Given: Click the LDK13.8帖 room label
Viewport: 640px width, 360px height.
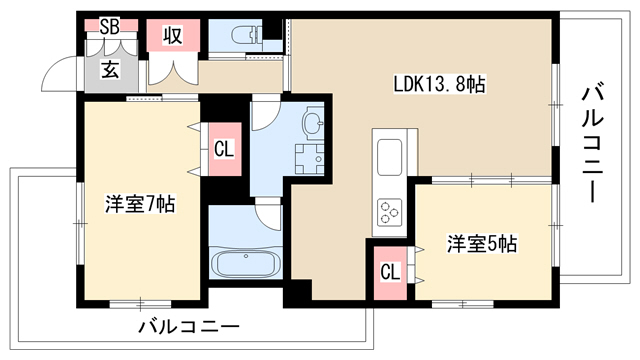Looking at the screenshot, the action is click(439, 84).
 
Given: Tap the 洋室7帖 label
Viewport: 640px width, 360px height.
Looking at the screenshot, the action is click(140, 204).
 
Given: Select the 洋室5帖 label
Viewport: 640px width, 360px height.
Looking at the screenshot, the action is click(482, 244).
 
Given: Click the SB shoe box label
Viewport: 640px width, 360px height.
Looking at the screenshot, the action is click(110, 27).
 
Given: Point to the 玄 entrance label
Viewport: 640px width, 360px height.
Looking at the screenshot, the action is click(110, 69).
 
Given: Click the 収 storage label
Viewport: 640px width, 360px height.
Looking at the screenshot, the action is click(173, 36).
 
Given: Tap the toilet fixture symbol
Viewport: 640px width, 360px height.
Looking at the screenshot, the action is click(244, 35).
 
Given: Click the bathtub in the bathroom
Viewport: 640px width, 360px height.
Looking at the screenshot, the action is click(246, 264).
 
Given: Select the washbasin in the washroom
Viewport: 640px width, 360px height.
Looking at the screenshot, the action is click(312, 122).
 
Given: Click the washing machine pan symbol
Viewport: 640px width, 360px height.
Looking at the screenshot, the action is click(309, 159).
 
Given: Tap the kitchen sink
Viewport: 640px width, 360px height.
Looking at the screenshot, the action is click(389, 157).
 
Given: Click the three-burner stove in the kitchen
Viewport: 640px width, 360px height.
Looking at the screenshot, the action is click(389, 213).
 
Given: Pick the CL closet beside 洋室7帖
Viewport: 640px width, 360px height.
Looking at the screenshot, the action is click(224, 149).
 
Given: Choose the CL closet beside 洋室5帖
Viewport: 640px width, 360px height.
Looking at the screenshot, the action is click(390, 273).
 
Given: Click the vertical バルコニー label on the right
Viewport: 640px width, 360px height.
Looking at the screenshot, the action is click(592, 144).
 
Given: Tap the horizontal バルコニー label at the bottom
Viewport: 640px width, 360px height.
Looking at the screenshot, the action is click(189, 327).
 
